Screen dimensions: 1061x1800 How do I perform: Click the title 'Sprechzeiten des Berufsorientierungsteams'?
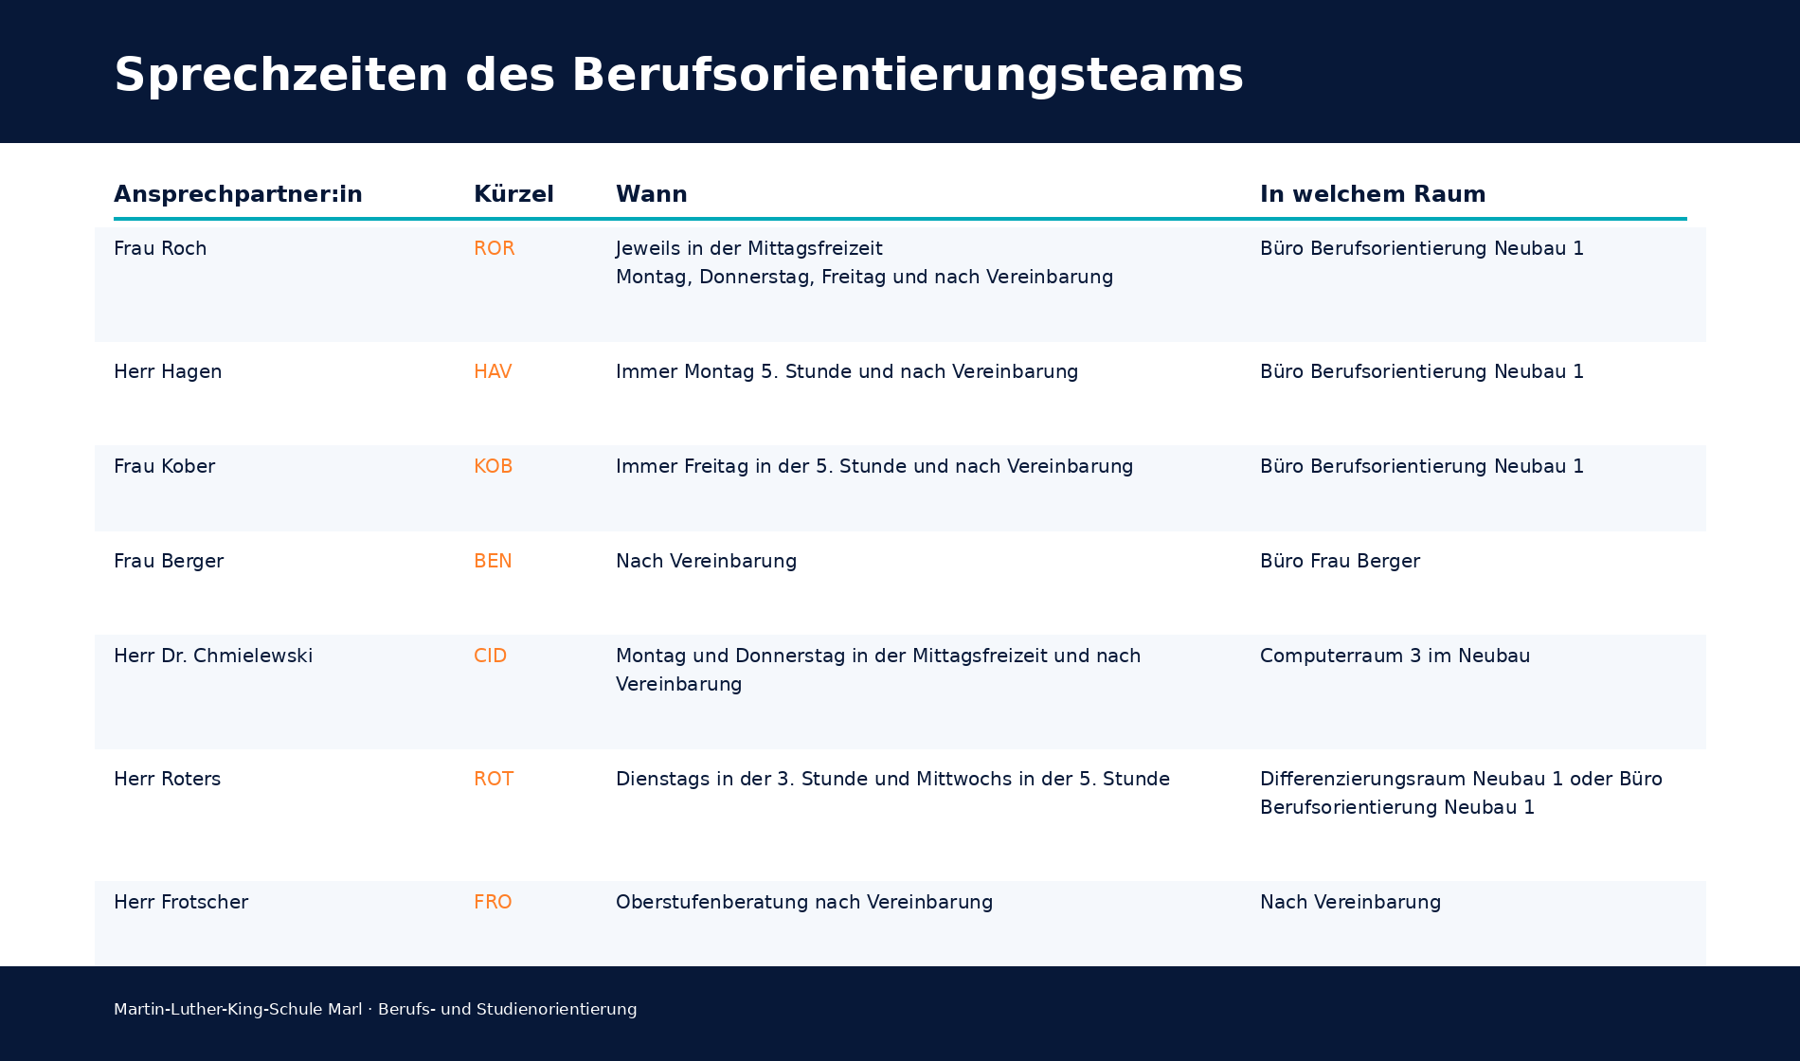(677, 75)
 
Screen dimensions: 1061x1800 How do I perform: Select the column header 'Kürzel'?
(513, 194)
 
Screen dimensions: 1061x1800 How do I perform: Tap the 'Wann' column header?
(651, 194)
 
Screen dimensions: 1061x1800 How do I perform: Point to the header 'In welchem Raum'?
(1372, 194)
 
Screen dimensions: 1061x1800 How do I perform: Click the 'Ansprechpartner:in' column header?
(238, 194)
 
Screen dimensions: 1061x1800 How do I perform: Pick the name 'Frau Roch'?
(160, 248)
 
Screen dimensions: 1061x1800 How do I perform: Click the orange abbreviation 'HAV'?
(493, 371)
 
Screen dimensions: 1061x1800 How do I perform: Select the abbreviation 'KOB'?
(493, 466)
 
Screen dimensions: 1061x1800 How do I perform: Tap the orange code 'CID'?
(490, 656)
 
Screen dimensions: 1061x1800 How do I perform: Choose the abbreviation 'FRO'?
(493, 902)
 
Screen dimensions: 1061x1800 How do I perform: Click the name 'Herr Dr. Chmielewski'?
(213, 656)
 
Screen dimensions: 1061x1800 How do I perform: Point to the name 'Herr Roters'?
(167, 779)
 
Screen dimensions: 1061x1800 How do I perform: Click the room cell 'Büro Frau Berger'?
(1340, 561)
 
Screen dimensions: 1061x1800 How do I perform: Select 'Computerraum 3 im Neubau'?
(1395, 656)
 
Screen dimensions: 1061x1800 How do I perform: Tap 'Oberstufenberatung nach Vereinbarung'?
(804, 902)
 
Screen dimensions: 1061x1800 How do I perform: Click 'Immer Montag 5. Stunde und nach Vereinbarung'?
(847, 371)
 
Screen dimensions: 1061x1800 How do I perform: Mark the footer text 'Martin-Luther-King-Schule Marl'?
(238, 1009)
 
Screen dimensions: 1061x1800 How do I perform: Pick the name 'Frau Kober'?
(164, 466)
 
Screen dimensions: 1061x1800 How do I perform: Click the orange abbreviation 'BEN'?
(493, 561)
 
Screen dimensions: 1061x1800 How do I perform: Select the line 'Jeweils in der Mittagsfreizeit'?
(748, 248)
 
